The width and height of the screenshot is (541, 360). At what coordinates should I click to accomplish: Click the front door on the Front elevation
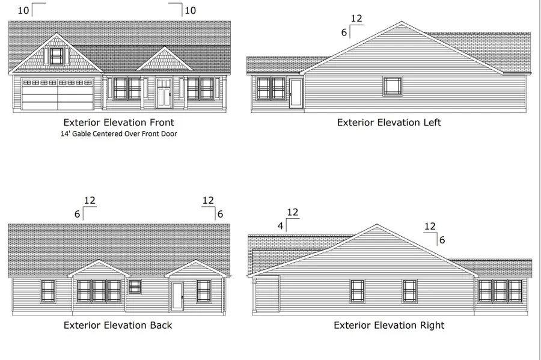pos(164,93)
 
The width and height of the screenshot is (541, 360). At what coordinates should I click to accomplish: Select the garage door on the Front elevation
pos(58,94)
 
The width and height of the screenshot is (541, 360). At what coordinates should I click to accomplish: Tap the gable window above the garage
pos(57,56)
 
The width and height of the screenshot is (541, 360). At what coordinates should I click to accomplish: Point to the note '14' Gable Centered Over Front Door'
pos(118,134)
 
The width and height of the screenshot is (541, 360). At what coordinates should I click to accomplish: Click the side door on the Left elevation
pos(296,94)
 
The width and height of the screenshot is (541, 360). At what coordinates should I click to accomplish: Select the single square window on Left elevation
pos(393,86)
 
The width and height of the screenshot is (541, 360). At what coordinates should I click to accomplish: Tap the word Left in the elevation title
pos(432,123)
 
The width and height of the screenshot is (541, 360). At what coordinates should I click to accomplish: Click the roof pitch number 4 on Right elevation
pos(280,226)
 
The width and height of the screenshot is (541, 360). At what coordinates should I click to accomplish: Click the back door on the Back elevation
pos(177,296)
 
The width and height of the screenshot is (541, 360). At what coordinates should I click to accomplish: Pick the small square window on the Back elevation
pos(135,287)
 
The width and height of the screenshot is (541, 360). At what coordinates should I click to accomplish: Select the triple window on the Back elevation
pos(99,291)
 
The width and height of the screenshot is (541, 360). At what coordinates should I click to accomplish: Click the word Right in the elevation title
pos(432,325)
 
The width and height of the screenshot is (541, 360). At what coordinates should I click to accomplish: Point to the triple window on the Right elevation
pos(500,291)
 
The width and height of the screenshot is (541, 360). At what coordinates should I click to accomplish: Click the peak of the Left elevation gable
pos(402,22)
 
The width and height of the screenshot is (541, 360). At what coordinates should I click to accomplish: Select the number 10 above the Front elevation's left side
pos(23,11)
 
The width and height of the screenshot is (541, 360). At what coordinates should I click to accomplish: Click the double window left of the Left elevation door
pos(271,88)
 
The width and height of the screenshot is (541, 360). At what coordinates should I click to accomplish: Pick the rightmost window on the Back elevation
pos(204,291)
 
